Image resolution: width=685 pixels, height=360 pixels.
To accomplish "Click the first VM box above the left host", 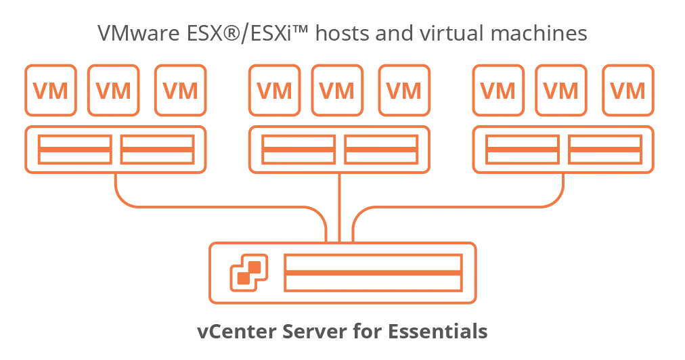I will tap(50, 91).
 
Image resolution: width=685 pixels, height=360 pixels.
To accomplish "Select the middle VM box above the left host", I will tap(114, 91).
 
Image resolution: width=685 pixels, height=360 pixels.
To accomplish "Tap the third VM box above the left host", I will tap(180, 91).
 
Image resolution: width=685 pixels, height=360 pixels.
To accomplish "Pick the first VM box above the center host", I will tap(273, 91).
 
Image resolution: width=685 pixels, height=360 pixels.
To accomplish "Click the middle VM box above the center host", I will tap(337, 91).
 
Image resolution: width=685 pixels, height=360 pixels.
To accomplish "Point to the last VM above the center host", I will tap(403, 91).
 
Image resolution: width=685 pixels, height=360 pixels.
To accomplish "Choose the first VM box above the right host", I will tap(498, 91).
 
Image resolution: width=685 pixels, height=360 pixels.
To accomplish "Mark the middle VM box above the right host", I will tap(562, 91).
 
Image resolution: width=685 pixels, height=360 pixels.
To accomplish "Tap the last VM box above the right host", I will tap(628, 91).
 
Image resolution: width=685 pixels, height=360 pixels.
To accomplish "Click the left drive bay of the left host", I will tap(73, 150).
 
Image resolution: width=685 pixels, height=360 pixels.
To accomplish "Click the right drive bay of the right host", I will tap(605, 150).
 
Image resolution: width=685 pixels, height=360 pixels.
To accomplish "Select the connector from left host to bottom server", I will tap(203, 203).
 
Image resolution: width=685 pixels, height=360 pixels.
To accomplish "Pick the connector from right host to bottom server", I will tap(474, 203).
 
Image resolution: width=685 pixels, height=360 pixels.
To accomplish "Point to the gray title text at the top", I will tap(342, 33).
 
